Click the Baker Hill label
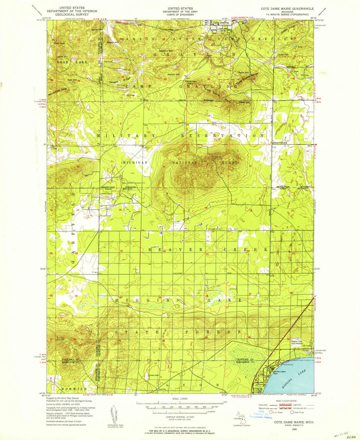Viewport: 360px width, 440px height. point(97,30)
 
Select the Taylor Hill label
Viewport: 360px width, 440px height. point(243,73)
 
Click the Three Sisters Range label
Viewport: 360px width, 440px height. point(247,79)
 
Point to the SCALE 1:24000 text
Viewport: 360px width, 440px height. point(180,399)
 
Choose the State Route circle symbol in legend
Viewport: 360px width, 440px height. point(292,412)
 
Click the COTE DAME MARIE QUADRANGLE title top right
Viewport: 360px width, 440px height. point(287,8)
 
